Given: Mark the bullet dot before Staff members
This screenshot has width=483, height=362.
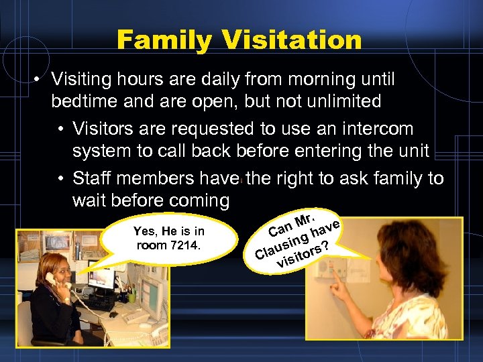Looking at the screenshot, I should point(61,178).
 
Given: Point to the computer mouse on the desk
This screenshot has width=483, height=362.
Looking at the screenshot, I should point(113,314).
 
